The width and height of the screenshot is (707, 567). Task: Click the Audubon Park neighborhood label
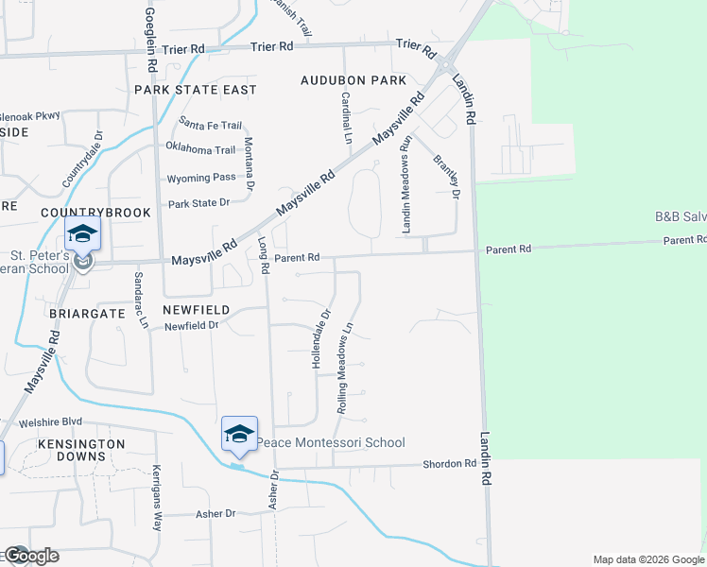pyautogui.click(x=353, y=80)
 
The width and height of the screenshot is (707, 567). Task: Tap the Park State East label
pyautogui.click(x=196, y=90)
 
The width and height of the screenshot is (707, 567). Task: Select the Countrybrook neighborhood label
pyautogui.click(x=95, y=213)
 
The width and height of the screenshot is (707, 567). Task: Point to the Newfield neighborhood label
pyautogui.click(x=196, y=309)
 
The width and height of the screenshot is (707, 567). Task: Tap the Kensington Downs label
pyautogui.click(x=81, y=450)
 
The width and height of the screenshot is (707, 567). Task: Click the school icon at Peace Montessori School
pyautogui.click(x=239, y=434)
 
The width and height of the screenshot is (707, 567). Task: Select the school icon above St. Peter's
pyautogui.click(x=82, y=233)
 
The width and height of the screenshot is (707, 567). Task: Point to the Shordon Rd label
pyautogui.click(x=449, y=464)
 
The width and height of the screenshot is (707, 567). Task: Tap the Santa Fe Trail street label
pyautogui.click(x=211, y=125)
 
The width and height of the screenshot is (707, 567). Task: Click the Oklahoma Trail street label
pyautogui.click(x=200, y=149)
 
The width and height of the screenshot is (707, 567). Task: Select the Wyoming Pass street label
pyautogui.click(x=201, y=177)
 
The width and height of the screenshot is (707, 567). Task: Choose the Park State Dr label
pyautogui.click(x=198, y=203)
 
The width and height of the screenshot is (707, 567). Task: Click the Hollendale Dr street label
pyautogui.click(x=321, y=338)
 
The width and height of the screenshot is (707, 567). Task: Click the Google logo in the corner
pyautogui.click(x=30, y=556)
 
